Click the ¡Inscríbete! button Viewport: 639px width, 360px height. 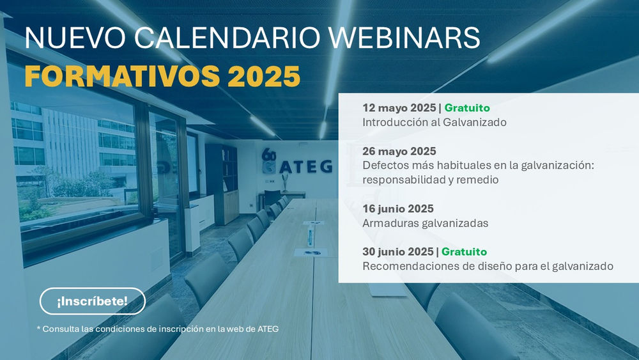(93, 301)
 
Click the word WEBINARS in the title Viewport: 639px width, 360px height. (404, 38)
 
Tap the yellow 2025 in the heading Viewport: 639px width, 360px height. (264, 76)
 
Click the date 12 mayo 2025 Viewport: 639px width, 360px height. (399, 107)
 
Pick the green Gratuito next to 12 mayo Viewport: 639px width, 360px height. (467, 107)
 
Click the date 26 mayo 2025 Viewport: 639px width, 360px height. (399, 152)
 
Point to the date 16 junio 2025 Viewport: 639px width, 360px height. (398, 208)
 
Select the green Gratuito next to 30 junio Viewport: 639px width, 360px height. (464, 251)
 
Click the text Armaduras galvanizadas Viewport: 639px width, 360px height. (426, 223)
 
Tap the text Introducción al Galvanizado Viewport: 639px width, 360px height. (435, 122)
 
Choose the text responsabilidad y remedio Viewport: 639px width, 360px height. (430, 180)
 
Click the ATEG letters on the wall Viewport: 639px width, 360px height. (305, 166)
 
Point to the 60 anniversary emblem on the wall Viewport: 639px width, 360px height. (269, 160)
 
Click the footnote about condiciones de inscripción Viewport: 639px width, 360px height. (158, 329)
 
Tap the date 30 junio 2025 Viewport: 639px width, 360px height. (398, 251)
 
